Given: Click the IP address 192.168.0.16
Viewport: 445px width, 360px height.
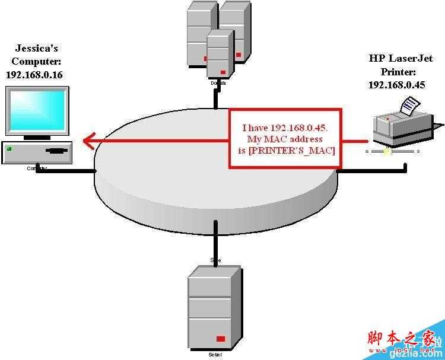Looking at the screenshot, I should pyautogui.click(x=34, y=75).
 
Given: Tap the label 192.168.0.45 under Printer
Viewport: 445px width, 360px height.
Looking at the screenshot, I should pyautogui.click(x=396, y=85).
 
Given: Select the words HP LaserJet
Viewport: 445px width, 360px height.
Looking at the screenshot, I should pyautogui.click(x=401, y=58).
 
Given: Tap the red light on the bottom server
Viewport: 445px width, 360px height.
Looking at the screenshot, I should pyautogui.click(x=221, y=339).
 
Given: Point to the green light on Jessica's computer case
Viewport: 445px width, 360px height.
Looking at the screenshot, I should pyautogui.click(x=9, y=149).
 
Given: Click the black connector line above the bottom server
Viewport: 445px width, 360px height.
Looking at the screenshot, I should pyautogui.click(x=215, y=237).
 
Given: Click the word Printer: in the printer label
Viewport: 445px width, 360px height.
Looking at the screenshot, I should pyautogui.click(x=397, y=72).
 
